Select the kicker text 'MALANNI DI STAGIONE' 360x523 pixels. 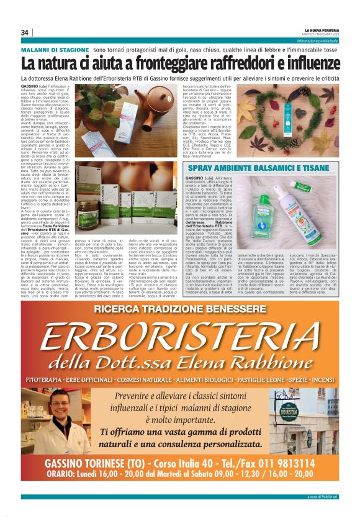click(55, 49)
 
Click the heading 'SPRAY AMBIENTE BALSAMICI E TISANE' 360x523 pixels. click(239, 168)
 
